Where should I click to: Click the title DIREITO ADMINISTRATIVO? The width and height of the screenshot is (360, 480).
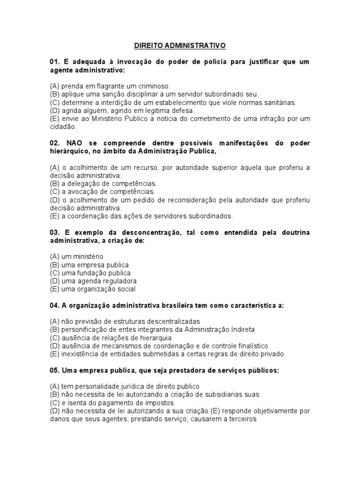coord(180,45)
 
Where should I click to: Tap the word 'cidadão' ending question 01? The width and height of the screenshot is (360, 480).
coord(62,127)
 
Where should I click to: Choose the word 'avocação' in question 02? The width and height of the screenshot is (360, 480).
coord(82,192)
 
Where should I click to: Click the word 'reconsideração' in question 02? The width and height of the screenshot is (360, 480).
coord(196,200)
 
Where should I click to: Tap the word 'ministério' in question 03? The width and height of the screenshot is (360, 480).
coord(87,256)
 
